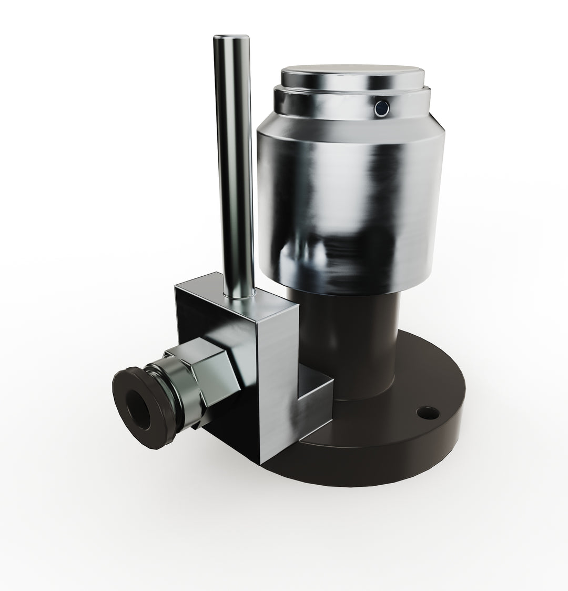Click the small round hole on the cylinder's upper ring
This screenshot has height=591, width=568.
click(x=380, y=108)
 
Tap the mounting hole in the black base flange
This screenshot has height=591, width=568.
click(x=428, y=413)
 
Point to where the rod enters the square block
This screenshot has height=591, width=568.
click(x=238, y=297)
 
